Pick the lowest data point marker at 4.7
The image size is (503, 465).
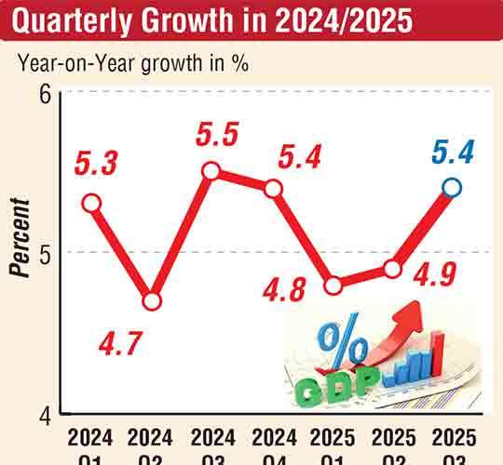click(152, 300)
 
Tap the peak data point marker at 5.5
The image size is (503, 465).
click(211, 171)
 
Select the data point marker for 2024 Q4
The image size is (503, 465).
click(273, 189)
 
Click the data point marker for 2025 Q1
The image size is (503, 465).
click(333, 286)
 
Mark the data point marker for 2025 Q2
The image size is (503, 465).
click(392, 270)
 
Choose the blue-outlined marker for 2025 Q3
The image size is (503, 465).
click(452, 188)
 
